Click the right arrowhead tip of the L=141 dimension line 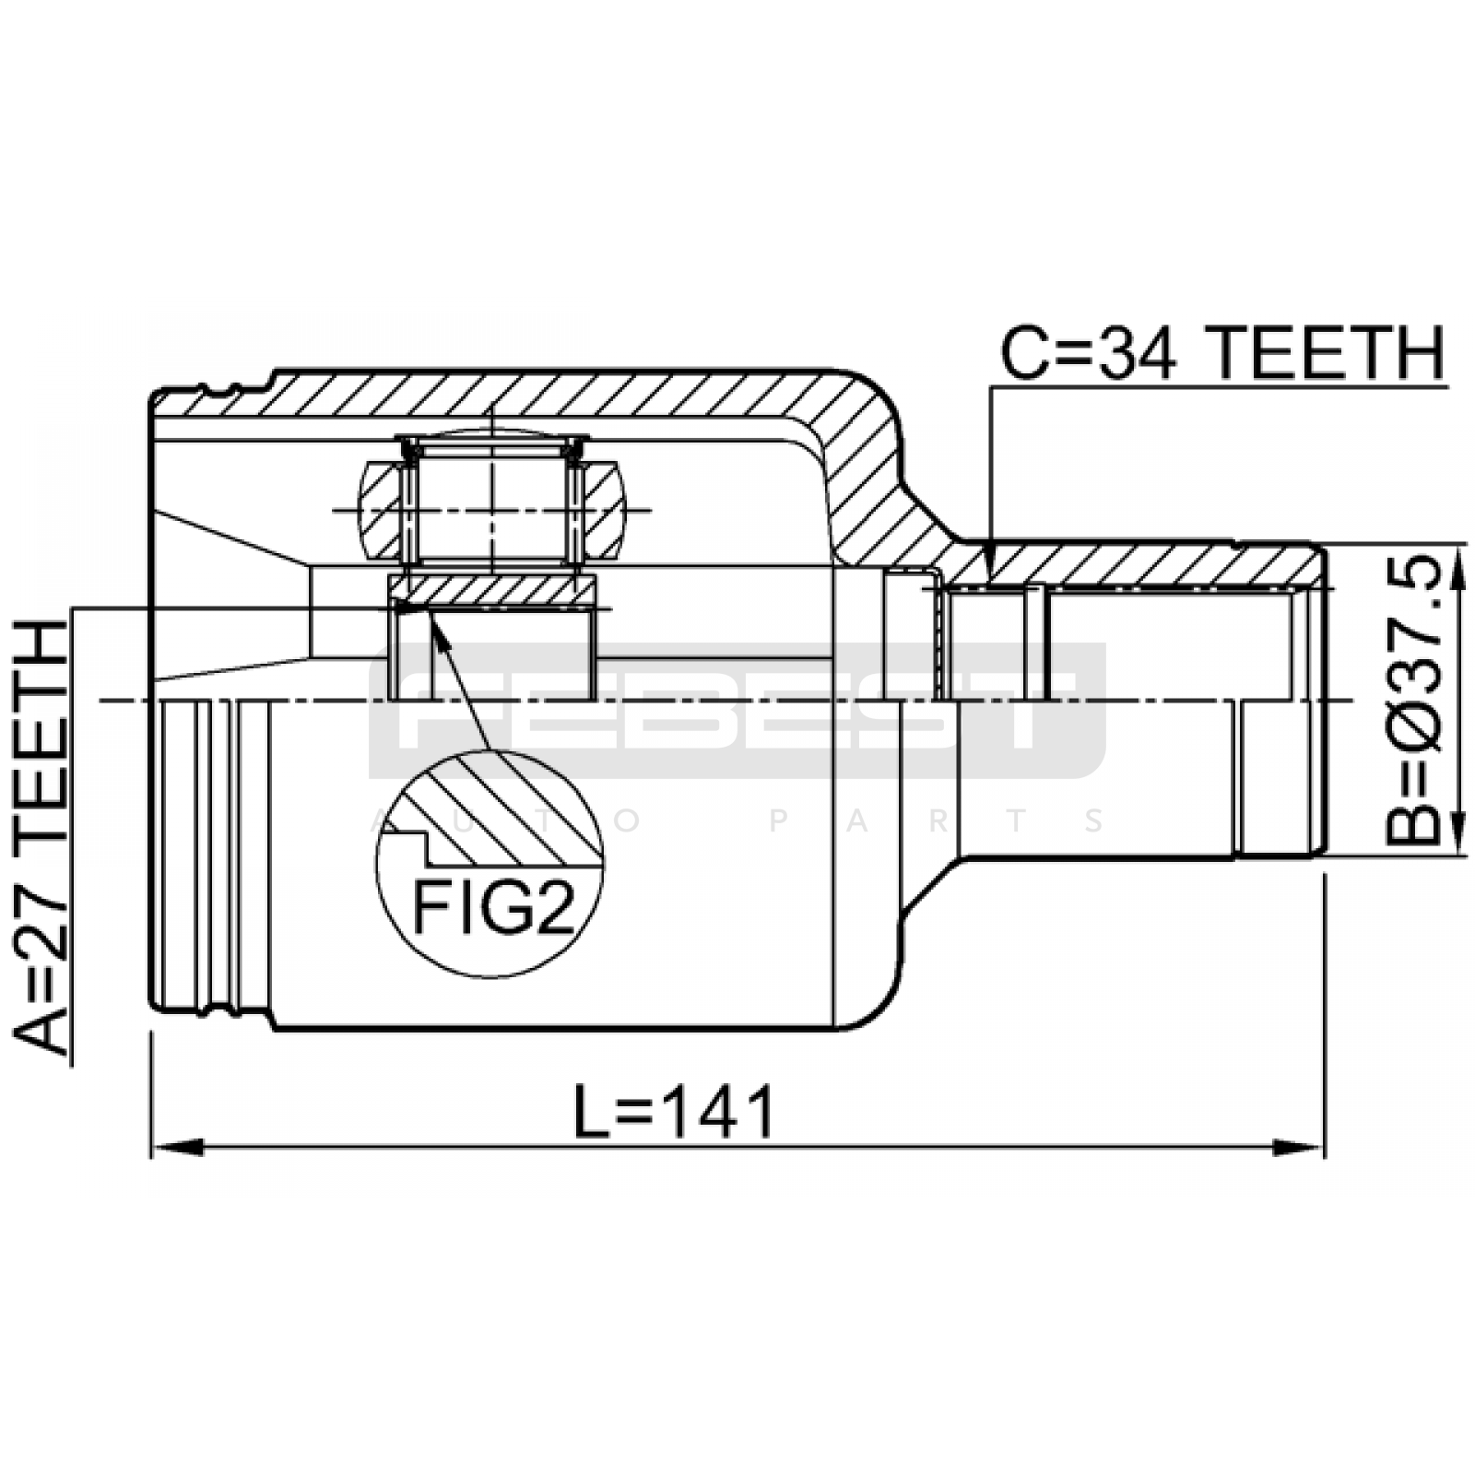1324,1148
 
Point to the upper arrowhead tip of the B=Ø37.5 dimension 1458,545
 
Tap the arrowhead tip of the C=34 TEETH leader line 990,584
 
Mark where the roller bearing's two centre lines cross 492,510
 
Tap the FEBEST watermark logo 737,711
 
